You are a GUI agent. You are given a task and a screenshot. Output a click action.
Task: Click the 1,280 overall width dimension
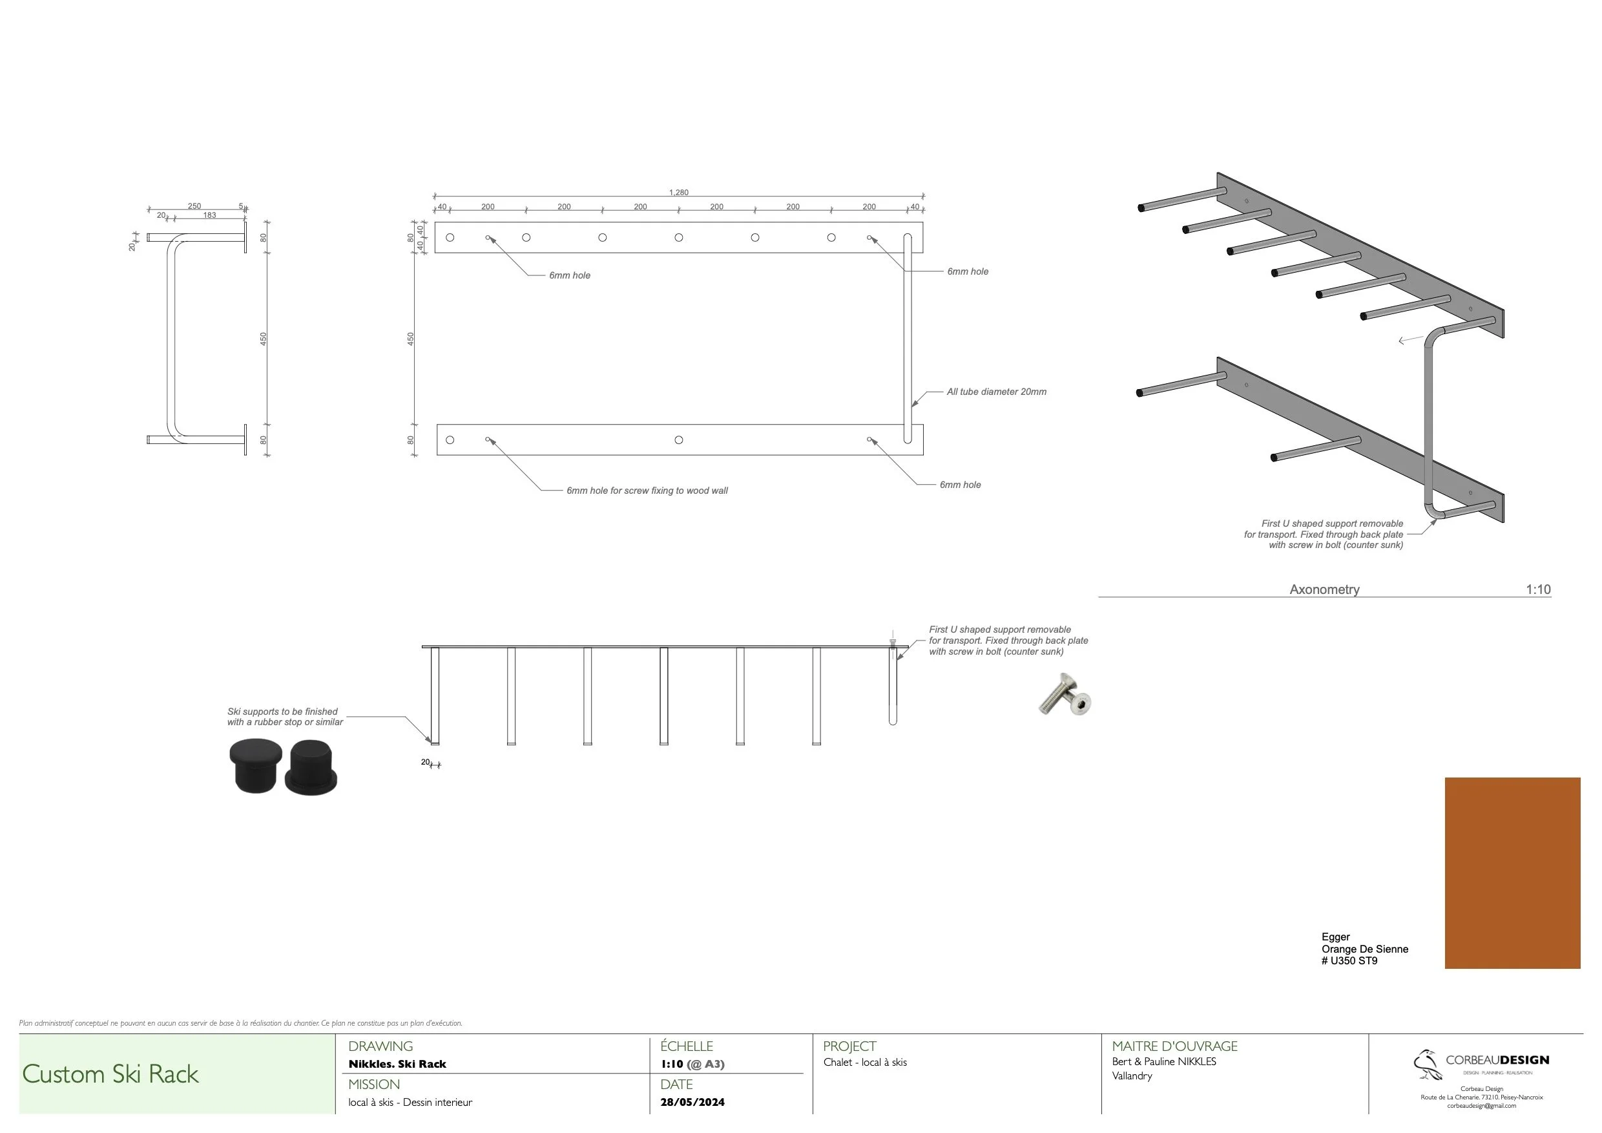coord(678,192)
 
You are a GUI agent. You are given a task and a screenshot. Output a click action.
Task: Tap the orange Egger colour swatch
coord(1512,873)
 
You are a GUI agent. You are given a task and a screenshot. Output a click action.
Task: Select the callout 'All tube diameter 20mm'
coord(995,392)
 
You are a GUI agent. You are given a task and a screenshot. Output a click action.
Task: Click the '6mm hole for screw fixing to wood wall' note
coord(647,491)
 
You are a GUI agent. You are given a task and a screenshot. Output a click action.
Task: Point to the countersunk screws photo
coord(1065,695)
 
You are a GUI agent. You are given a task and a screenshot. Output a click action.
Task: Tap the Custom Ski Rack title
coord(110,1074)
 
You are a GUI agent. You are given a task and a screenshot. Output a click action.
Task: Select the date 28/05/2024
coord(692,1102)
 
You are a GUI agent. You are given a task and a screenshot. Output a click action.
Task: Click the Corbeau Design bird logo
coord(1427,1064)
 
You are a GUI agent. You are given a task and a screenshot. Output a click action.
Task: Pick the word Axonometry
coord(1324,589)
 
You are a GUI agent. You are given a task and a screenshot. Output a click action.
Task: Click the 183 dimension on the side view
coord(209,215)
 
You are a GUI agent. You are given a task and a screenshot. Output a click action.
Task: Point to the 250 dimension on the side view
coord(194,206)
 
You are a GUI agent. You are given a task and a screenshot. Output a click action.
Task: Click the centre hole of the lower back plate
coord(679,439)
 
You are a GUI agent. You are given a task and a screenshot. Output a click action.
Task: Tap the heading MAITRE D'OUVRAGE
coord(1174,1046)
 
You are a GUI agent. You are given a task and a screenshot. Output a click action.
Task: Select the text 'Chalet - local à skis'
coord(864,1063)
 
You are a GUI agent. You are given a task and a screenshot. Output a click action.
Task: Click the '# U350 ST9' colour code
coord(1349,960)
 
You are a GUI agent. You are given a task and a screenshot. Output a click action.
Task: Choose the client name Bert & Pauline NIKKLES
coord(1164,1062)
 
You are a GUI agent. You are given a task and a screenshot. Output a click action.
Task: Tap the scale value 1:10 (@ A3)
coord(692,1064)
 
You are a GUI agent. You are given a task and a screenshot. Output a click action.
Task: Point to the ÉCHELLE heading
coord(687,1046)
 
